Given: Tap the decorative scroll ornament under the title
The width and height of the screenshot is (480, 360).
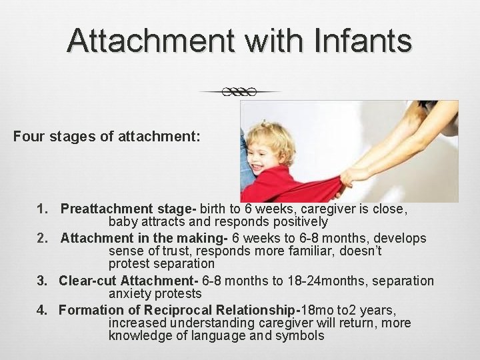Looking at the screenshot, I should (240, 92).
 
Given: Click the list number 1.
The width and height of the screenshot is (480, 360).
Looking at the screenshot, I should (41, 209).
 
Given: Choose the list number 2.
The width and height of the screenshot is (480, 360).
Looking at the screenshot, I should (41, 238).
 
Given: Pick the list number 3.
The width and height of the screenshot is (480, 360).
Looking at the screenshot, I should (41, 281).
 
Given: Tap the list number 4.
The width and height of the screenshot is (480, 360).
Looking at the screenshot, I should (41, 310).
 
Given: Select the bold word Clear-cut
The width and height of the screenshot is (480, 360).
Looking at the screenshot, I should (85, 281).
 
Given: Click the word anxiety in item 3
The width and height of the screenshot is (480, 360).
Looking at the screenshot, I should (131, 294).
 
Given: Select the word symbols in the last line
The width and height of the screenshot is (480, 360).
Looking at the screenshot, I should (298, 336).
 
